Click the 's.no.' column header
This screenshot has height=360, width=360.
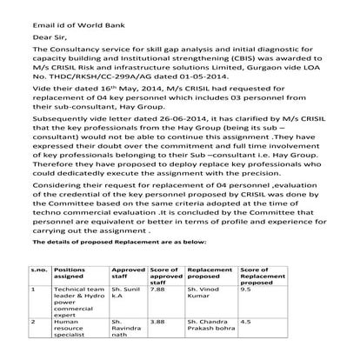[37, 270]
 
